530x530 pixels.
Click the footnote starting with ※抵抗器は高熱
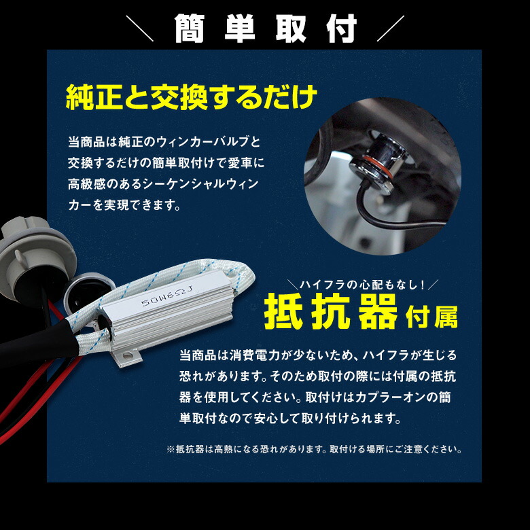click(315, 449)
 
